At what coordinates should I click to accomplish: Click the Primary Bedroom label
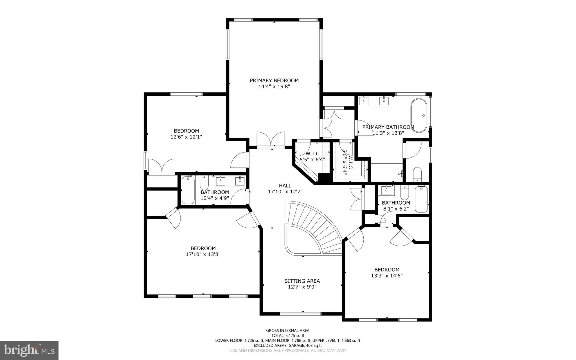[274, 81]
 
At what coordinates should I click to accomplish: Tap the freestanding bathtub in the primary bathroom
[419, 115]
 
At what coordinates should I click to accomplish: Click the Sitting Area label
[302, 281]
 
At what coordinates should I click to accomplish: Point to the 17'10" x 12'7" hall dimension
[285, 192]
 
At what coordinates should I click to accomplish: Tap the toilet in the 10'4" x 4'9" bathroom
[204, 184]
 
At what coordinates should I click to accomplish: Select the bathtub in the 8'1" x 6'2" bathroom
[421, 199]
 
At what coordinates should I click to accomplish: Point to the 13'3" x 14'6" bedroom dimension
[387, 276]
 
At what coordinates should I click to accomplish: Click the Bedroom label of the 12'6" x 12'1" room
[186, 131]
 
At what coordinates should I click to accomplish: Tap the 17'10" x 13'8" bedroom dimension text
[203, 254]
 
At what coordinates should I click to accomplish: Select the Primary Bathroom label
[388, 127]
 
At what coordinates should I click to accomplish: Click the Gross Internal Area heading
[288, 330]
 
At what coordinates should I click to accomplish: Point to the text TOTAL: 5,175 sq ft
[288, 336]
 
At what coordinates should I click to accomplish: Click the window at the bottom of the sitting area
[300, 314]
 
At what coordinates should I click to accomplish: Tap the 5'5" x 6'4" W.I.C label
[312, 154]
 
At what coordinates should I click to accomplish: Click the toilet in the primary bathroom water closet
[417, 174]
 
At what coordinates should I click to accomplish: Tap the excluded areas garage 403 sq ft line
[288, 345]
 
